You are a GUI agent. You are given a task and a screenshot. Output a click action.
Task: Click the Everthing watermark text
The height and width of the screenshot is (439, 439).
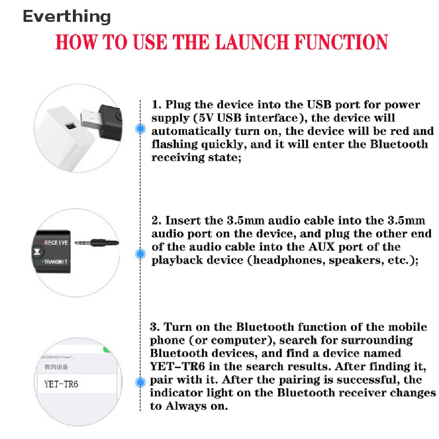[66, 17]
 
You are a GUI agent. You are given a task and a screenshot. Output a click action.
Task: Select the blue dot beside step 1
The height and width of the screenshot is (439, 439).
[140, 128]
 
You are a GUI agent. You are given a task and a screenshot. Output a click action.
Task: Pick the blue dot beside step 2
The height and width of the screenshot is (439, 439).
[140, 254]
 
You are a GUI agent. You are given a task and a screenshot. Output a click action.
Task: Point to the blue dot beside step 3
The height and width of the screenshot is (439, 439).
[140, 382]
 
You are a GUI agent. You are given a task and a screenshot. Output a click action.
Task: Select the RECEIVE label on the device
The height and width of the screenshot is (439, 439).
[56, 243]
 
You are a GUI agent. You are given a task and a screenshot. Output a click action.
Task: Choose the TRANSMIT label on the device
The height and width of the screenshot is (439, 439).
[55, 262]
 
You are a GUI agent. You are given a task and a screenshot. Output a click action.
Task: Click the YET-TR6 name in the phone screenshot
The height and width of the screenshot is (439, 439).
[62, 384]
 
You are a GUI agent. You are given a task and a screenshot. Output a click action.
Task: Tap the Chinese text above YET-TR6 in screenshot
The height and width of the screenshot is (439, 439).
[56, 367]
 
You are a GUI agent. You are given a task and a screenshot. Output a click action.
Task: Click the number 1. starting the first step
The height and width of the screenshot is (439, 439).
[156, 105]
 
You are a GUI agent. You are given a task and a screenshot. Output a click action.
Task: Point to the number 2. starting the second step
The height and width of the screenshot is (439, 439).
[156, 221]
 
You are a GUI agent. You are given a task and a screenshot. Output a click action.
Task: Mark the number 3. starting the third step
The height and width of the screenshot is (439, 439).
[155, 327]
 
